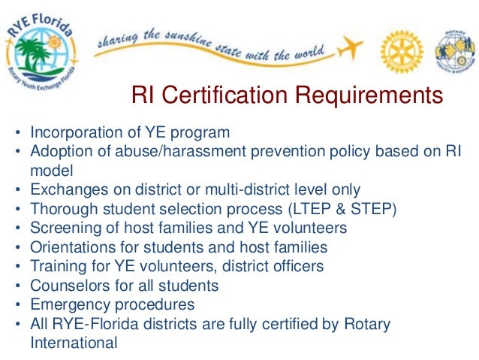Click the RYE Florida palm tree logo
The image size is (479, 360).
coord(44,51)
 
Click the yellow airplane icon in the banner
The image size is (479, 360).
coord(348,49)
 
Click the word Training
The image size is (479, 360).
coord(55,266)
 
